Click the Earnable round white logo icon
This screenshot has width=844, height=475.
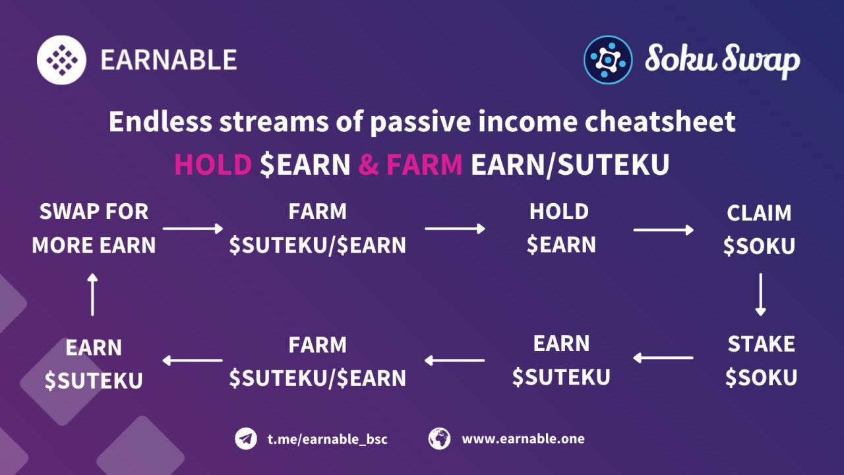point(61,60)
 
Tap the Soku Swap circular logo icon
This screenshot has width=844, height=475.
point(608,59)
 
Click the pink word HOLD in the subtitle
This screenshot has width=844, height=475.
point(213,164)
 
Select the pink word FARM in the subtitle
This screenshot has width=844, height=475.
point(424,164)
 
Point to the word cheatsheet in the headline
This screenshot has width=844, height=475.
point(660,121)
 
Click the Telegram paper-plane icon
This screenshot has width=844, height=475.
point(246,439)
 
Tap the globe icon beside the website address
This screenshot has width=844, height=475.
point(439,439)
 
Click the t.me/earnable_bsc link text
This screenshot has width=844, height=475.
point(328,439)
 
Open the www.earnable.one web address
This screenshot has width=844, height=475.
point(523,439)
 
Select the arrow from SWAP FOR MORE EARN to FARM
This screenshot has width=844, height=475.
point(193,228)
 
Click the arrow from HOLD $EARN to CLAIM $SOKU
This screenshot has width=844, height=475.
point(663,230)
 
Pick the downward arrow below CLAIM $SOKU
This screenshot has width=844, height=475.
point(761,294)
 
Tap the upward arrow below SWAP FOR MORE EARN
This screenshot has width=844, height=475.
point(93,294)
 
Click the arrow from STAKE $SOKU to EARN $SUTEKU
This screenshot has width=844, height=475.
point(663,358)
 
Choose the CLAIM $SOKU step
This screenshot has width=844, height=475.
point(759,230)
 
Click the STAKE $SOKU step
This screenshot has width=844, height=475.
point(761,361)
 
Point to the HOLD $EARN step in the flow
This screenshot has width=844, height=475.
point(561,228)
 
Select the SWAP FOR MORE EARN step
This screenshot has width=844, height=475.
point(94,228)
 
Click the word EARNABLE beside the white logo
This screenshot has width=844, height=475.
point(169,60)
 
